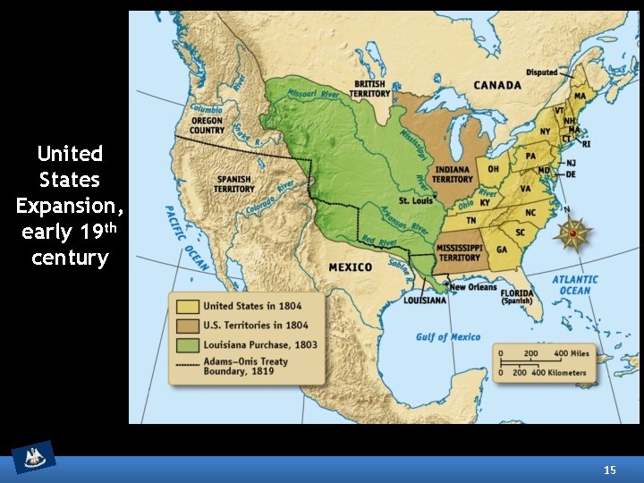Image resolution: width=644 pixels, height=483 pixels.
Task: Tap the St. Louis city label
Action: point(416,200)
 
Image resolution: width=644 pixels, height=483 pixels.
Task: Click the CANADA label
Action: point(496,86)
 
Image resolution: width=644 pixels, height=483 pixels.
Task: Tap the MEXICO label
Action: point(350,267)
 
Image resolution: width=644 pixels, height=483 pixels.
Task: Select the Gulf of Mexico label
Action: point(447,337)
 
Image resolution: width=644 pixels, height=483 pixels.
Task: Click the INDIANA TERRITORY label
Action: point(453,174)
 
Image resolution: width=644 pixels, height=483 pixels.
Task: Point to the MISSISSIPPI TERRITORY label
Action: point(459,252)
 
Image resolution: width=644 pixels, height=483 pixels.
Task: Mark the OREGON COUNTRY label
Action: point(207,125)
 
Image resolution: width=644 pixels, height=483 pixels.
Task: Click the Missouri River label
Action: point(313,92)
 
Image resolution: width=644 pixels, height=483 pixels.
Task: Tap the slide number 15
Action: point(610,470)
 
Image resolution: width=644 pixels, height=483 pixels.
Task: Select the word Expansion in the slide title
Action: point(70,206)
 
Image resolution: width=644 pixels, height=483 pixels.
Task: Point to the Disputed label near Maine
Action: point(541,72)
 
